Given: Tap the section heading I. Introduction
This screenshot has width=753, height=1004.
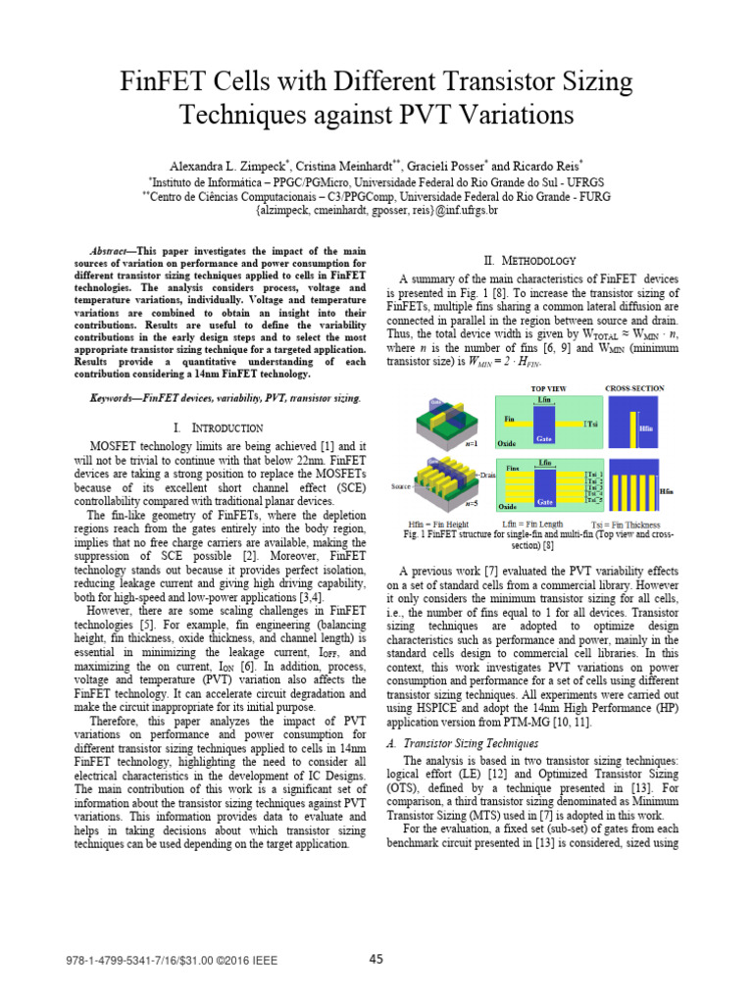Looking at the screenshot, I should pos(218,427).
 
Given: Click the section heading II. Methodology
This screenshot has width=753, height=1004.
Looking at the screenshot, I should pos(530,260).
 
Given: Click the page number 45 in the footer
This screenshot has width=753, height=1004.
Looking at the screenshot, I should pos(376,959).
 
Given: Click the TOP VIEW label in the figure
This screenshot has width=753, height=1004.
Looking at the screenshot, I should pos(548,389).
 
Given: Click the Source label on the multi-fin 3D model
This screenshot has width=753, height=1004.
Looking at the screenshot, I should pos(401,486).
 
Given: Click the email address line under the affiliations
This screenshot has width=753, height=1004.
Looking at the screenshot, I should pos(376,210).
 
